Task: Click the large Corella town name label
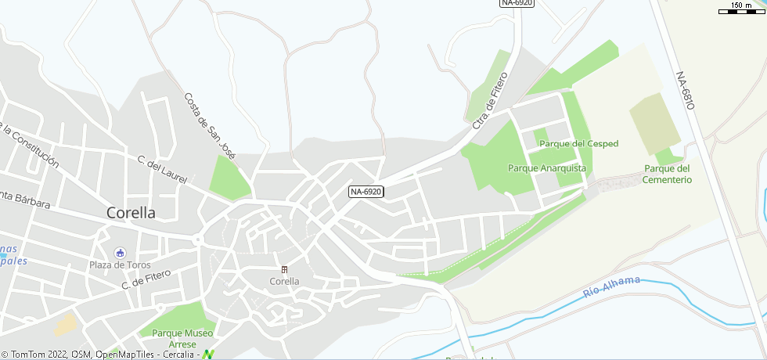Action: pos(131,212)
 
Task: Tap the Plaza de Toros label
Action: pos(119,265)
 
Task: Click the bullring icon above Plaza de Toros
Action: pos(119,252)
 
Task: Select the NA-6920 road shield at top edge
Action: pos(517,3)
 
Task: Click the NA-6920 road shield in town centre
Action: pos(366,191)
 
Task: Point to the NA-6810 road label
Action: pos(685,90)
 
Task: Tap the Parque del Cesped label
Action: pos(579,143)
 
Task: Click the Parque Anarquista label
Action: pos(547,167)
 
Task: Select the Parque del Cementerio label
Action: pos(668,174)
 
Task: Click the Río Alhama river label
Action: pos(612,287)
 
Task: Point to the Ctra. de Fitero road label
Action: pos(491,100)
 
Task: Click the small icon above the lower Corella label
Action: pos(284,269)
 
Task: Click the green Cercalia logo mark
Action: pos(207,355)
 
